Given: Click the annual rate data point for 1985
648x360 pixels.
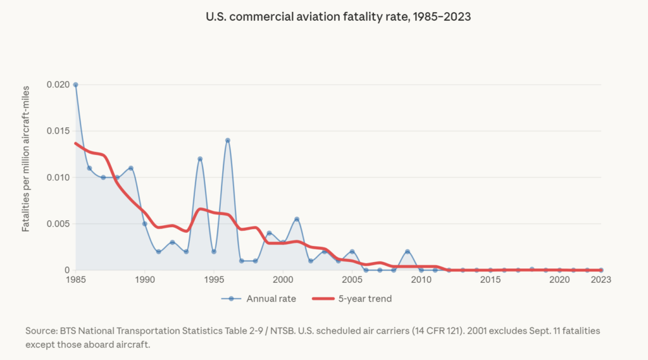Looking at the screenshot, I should click(76, 85).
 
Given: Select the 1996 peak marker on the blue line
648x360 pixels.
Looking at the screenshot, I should click(228, 140).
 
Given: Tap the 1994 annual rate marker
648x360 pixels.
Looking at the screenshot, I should click(200, 159).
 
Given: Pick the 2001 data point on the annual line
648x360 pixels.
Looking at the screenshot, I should click(297, 219).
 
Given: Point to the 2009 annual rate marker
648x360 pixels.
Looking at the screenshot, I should click(408, 252).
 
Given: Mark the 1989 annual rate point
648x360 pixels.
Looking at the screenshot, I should click(131, 168).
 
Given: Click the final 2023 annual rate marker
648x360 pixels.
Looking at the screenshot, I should click(601, 270).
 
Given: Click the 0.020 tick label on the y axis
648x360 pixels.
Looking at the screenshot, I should click(58, 85).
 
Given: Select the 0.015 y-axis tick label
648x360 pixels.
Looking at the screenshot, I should click(58, 131).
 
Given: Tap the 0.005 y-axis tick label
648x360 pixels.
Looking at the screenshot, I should click(58, 224).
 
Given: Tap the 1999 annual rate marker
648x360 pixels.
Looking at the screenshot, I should click(269, 233).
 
